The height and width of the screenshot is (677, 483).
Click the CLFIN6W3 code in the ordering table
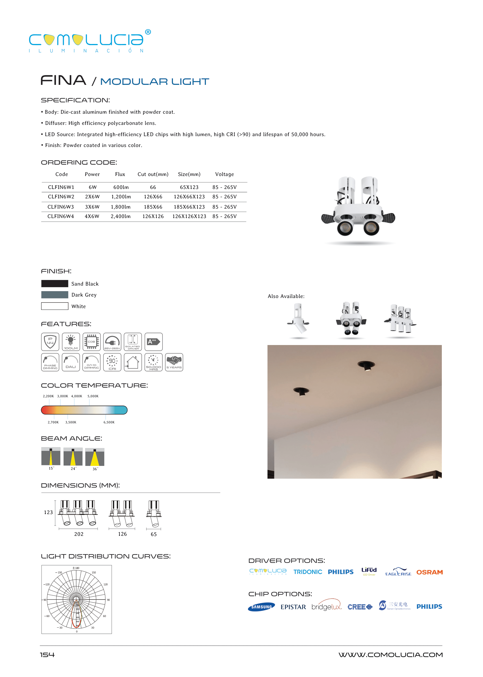click(x=61, y=207)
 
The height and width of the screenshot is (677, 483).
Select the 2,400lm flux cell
click(x=120, y=216)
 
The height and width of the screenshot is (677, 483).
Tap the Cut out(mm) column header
click(x=153, y=174)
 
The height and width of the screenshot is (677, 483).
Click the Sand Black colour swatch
click(x=55, y=283)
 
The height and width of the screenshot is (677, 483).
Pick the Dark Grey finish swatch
click(x=55, y=295)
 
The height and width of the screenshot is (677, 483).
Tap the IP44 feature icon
click(x=50, y=342)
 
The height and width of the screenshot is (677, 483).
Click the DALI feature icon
click(x=71, y=362)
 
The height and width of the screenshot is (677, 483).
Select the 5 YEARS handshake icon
click(x=174, y=362)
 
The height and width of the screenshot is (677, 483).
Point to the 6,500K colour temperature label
click(x=109, y=422)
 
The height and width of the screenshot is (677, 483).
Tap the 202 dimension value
click(x=79, y=534)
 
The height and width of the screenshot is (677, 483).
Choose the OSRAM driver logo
click(x=429, y=572)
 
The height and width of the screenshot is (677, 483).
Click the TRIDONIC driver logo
click(x=308, y=572)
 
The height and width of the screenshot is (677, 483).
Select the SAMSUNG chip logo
click(x=262, y=607)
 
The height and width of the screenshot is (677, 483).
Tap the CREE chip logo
click(x=360, y=607)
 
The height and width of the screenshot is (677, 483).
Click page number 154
click(x=47, y=655)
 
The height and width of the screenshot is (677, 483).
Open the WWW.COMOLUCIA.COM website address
click(x=390, y=655)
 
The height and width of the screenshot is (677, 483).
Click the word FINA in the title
click(x=63, y=80)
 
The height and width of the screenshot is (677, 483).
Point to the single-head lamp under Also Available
click(x=299, y=320)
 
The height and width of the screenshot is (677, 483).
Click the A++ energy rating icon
click(x=153, y=342)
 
